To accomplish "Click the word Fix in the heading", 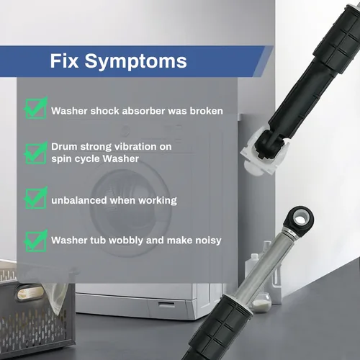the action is (x=64, y=60).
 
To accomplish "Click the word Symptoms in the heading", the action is (x=136, y=62).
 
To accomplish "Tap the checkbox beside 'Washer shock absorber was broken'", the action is (x=36, y=108).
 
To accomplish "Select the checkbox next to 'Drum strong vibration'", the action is (x=36, y=153).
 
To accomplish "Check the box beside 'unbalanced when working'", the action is (x=36, y=198).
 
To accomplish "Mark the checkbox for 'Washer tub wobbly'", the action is (x=36, y=240).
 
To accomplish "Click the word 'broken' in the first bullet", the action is (x=207, y=111).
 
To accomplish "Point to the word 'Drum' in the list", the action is (x=64, y=147).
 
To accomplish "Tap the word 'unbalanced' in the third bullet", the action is (x=79, y=200).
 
